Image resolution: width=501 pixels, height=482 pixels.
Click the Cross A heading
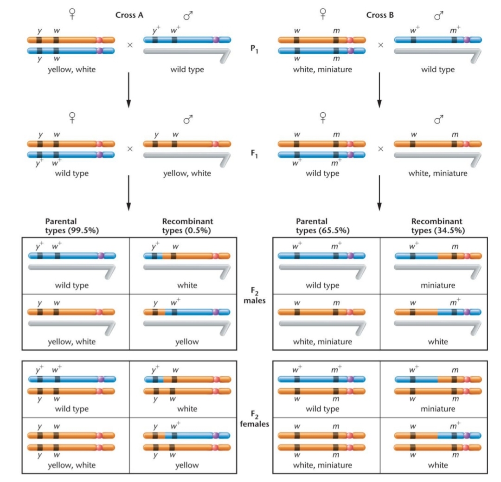tap(129, 15)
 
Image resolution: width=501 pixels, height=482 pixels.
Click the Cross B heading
tap(379, 15)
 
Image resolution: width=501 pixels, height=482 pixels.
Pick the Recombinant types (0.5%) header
tap(187, 225)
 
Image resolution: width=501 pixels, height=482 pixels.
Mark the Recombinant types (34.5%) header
tap(437, 225)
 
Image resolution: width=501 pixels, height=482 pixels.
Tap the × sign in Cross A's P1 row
tap(130, 45)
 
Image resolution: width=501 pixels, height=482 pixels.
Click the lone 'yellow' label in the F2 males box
tap(187, 342)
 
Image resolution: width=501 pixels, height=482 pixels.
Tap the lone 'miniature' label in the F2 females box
tap(438, 409)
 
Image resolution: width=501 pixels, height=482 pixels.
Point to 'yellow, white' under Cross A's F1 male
tap(187, 174)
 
